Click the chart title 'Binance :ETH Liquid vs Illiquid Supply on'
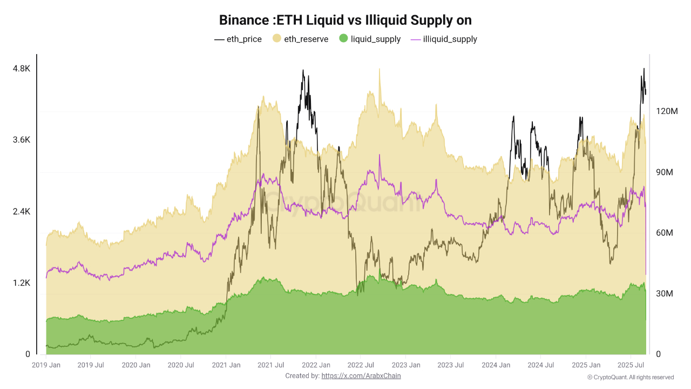345,21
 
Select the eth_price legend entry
238,39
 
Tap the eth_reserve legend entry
300,39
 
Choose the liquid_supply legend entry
370,39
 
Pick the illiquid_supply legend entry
444,39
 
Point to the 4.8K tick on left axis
22,69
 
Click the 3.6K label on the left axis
22,140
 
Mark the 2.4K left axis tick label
22,211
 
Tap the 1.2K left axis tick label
22,283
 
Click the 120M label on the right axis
666,111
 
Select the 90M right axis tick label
664,172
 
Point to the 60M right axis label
664,233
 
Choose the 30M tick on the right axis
664,294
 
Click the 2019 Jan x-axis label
46,365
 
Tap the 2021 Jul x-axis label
271,365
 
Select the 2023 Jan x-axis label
406,365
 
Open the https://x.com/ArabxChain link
361,375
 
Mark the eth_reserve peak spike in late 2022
380,70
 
